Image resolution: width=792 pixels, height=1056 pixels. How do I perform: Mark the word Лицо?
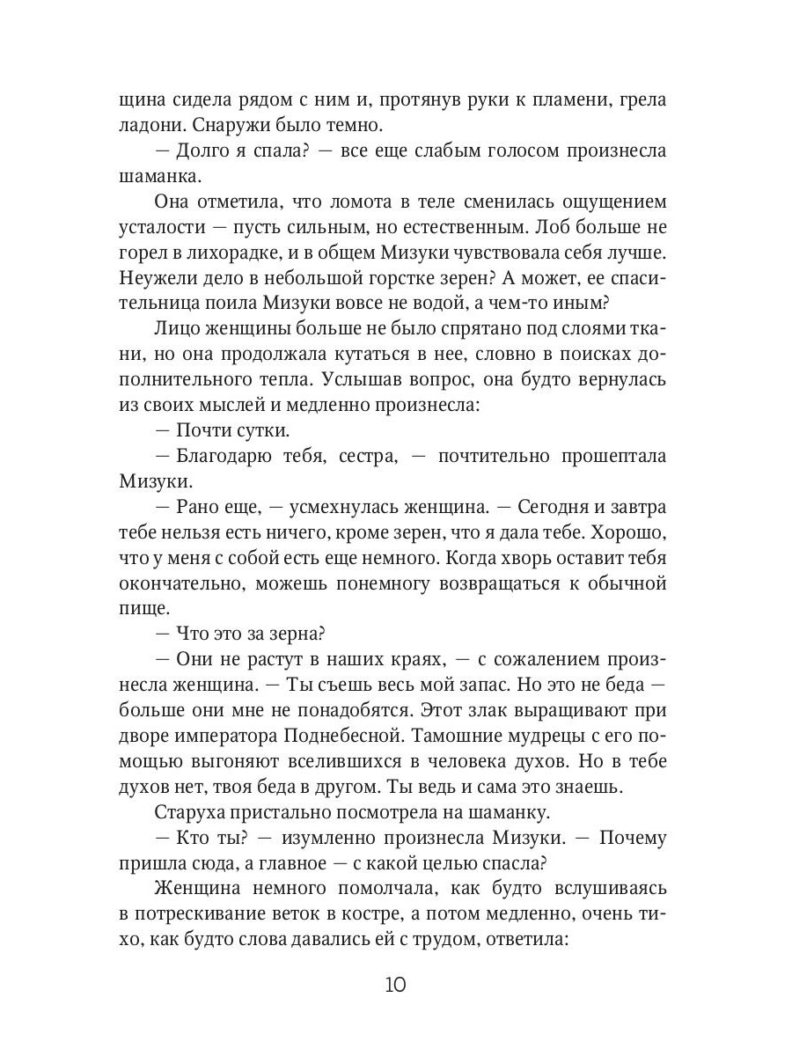coord(177,329)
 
